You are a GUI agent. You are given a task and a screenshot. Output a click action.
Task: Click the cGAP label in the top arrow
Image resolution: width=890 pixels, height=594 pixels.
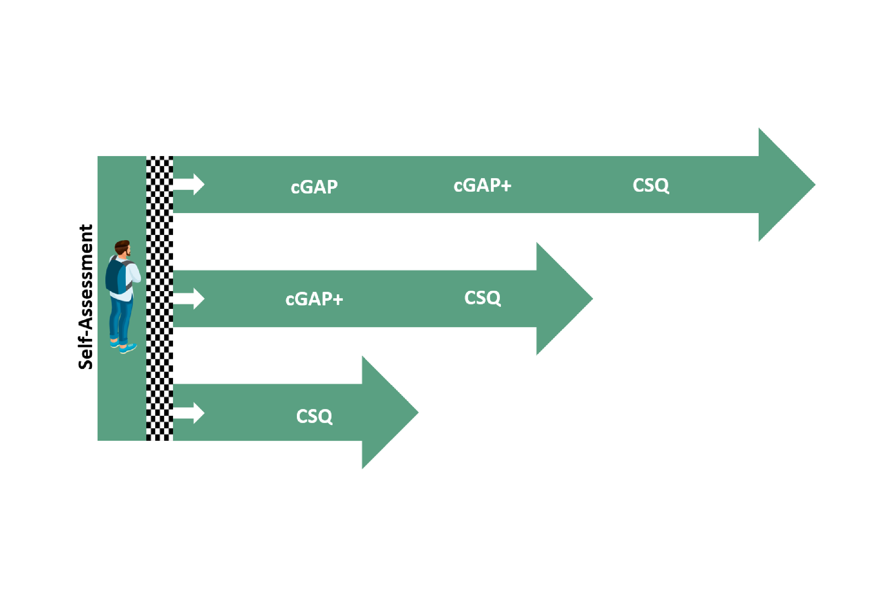click(314, 187)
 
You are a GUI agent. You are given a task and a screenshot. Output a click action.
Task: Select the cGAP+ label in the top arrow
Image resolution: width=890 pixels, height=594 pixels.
click(482, 185)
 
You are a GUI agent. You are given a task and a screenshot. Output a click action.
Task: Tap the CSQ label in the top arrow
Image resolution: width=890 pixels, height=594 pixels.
click(650, 185)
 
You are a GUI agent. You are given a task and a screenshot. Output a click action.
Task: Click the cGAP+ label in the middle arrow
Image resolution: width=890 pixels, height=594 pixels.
click(314, 299)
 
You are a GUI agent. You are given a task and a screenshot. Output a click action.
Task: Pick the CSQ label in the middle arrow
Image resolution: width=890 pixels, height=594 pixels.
click(482, 298)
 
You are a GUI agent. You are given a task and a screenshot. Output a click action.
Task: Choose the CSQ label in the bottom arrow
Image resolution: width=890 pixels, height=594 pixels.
click(314, 416)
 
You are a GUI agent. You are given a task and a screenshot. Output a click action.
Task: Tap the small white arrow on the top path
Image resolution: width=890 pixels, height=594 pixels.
click(189, 185)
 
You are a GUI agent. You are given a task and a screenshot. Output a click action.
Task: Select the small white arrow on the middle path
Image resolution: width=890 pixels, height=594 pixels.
click(189, 299)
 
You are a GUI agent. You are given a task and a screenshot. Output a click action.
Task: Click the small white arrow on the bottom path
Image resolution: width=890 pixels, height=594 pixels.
click(189, 413)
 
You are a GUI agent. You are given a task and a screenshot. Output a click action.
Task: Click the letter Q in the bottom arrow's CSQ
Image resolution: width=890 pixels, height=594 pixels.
click(325, 417)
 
